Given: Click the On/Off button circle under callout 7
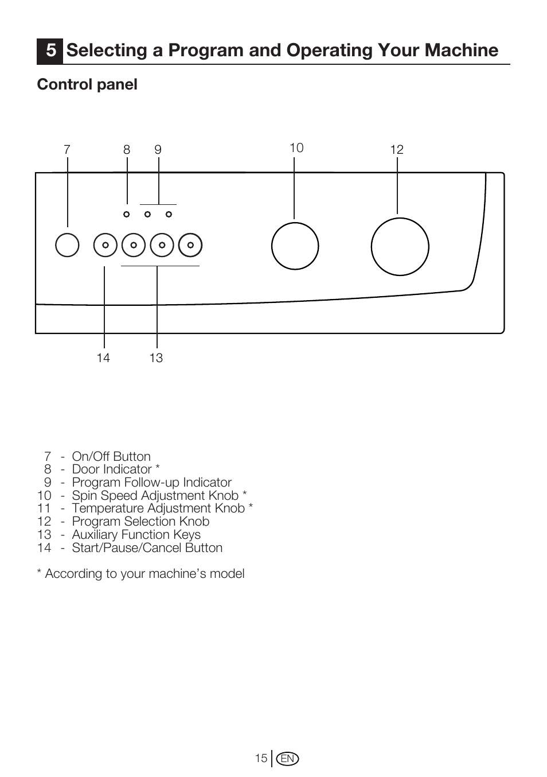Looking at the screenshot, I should pos(67,246).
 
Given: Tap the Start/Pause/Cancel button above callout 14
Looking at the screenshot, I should pos(106,246).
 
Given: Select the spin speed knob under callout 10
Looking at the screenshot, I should pos(295,246).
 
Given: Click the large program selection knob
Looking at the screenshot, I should pos(400,247).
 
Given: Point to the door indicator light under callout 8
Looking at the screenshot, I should pos(127,214).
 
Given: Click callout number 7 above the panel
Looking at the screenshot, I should pos(67,150).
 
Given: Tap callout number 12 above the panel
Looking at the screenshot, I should pos(397,150).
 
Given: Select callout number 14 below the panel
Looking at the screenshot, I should pos(103,358).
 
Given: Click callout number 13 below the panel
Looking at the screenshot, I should pos(156,358).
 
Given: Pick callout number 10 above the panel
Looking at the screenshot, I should pos(296,148).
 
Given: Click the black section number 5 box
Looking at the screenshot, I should pos(50,51).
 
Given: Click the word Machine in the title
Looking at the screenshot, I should pos(462,50).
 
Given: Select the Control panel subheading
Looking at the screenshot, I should pos(87,84).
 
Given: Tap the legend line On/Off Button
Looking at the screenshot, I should pos(111,457).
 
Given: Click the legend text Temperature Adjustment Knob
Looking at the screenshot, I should pos(158,508).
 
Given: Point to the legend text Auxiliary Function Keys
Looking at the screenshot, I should pos(136,535).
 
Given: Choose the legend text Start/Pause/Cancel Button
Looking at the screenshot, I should pos(147,548).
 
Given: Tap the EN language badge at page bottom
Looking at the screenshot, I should pos(287,759).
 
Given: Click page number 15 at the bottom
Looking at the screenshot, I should pos(261,759).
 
